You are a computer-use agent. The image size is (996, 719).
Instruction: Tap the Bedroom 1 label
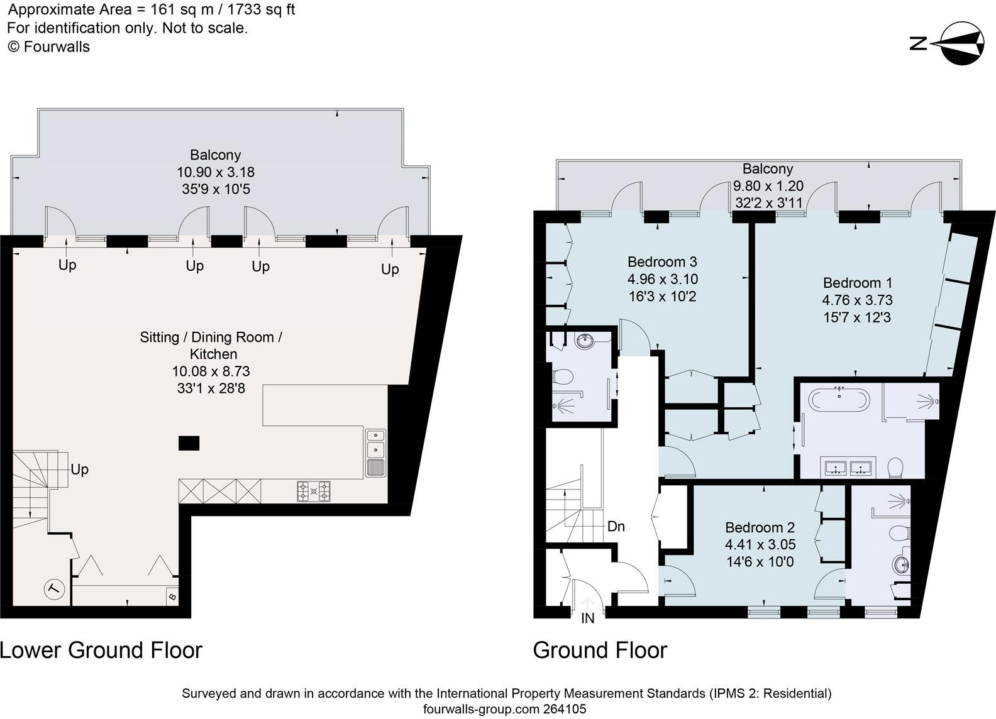pyautogui.click(x=858, y=283)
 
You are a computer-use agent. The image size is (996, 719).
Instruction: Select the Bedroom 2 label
pyautogui.click(x=760, y=527)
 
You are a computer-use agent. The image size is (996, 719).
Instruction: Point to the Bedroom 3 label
pyautogui.click(x=662, y=261)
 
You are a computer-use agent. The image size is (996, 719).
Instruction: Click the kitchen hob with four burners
pyautogui.click(x=314, y=491)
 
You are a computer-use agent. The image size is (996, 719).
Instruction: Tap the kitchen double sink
pyautogui.click(x=376, y=453)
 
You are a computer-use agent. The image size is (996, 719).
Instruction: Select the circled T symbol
pyautogui.click(x=55, y=590)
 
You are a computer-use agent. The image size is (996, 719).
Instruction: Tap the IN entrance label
pyautogui.click(x=587, y=618)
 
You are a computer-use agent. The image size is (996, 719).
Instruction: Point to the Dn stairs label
pyautogui.click(x=616, y=527)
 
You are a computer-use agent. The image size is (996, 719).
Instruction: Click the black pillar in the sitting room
pyautogui.click(x=189, y=443)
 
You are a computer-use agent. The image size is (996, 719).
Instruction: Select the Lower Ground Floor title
pyautogui.click(x=101, y=650)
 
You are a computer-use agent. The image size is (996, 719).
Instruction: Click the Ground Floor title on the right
pyautogui.click(x=600, y=650)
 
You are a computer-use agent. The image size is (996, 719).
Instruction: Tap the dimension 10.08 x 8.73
pyautogui.click(x=211, y=371)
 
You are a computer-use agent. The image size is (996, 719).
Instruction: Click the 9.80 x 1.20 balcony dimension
pyautogui.click(x=768, y=186)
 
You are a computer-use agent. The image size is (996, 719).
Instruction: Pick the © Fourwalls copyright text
pyautogui.click(x=49, y=47)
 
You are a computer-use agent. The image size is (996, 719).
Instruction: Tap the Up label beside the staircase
pyautogui.click(x=80, y=469)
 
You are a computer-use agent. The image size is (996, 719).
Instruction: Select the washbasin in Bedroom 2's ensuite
pyautogui.click(x=901, y=565)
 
